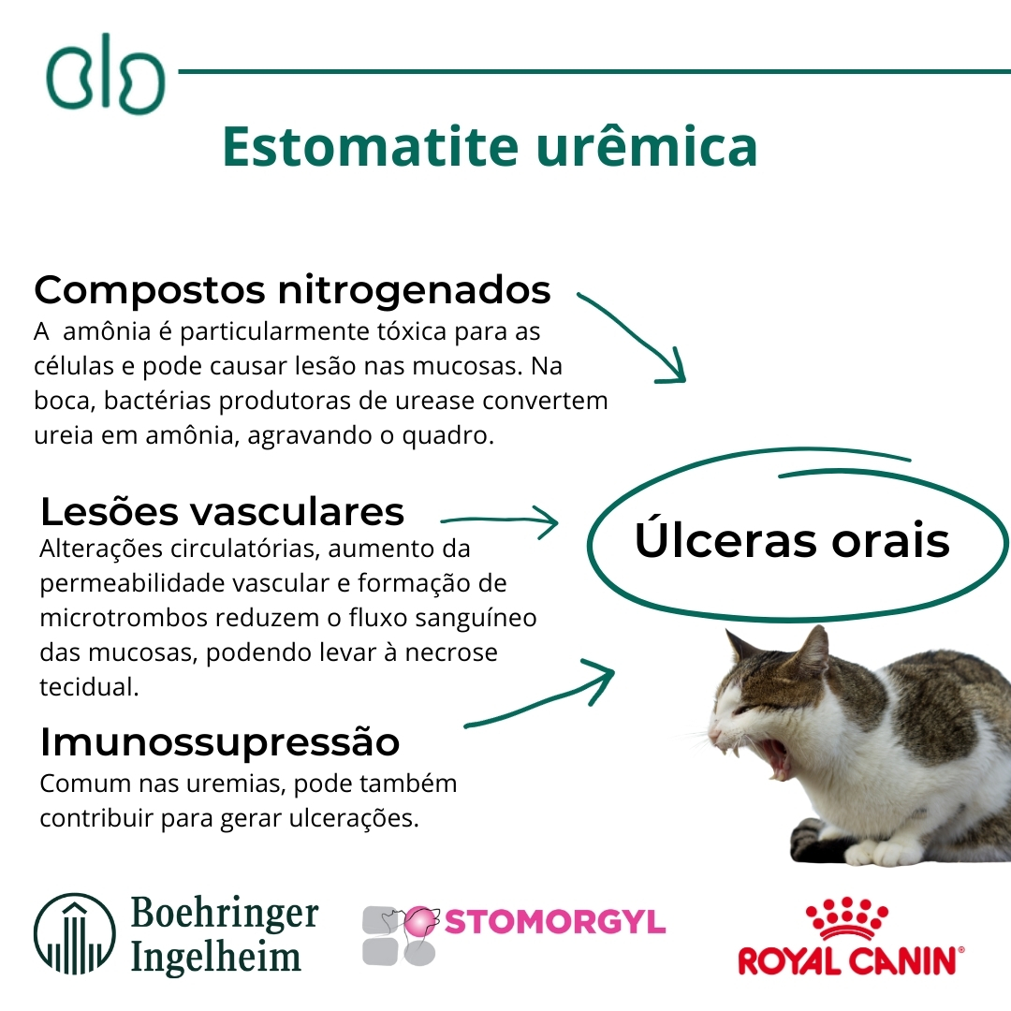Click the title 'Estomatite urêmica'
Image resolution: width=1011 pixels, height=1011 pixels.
click(x=490, y=146)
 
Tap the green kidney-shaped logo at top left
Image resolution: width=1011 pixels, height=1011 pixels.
click(x=105, y=74)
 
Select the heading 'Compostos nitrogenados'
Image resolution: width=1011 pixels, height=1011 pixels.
click(x=292, y=291)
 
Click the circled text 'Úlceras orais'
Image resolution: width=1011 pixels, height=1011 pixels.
click(x=792, y=539)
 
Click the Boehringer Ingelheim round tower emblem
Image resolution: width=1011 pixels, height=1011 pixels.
click(x=75, y=933)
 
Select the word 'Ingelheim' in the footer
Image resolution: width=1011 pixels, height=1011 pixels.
click(x=216, y=958)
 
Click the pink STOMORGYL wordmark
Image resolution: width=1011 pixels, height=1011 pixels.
click(x=555, y=922)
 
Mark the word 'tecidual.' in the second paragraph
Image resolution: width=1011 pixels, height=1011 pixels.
click(x=90, y=687)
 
